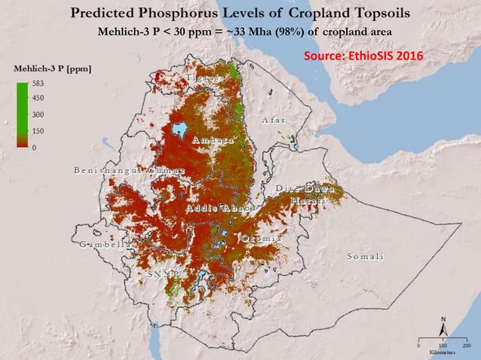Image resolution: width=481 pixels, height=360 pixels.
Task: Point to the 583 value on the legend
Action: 38,84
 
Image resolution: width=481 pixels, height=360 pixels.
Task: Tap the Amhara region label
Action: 213,141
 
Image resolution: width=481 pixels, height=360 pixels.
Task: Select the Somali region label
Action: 365,257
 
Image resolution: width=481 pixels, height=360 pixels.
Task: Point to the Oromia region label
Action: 262,239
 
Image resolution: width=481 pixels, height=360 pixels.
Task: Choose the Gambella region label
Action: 101,245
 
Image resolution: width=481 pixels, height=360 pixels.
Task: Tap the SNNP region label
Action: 162,274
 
